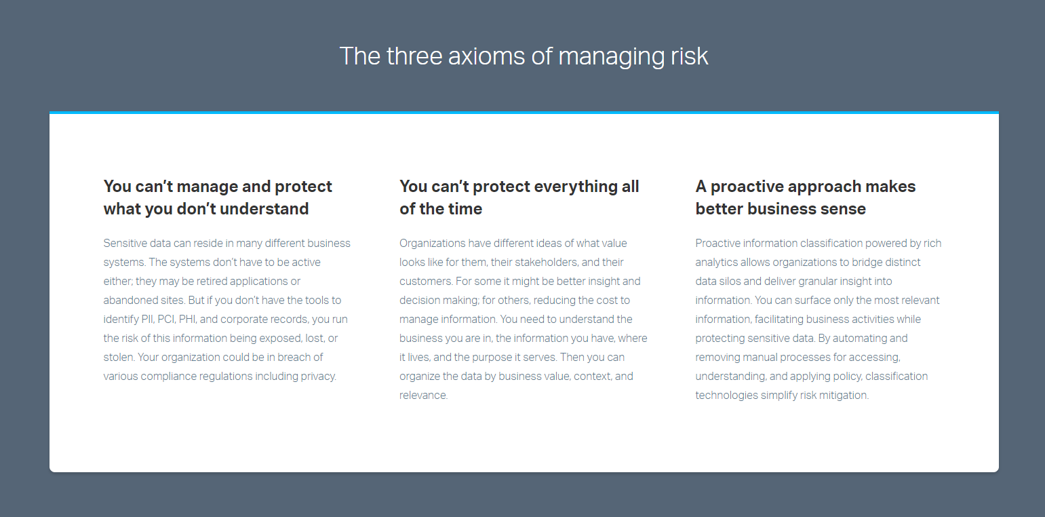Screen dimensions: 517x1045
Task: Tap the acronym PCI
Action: pyautogui.click(x=166, y=319)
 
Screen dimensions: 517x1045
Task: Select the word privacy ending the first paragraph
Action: pyautogui.click(x=318, y=376)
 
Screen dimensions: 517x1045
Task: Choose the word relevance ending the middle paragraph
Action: pyautogui.click(x=422, y=395)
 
